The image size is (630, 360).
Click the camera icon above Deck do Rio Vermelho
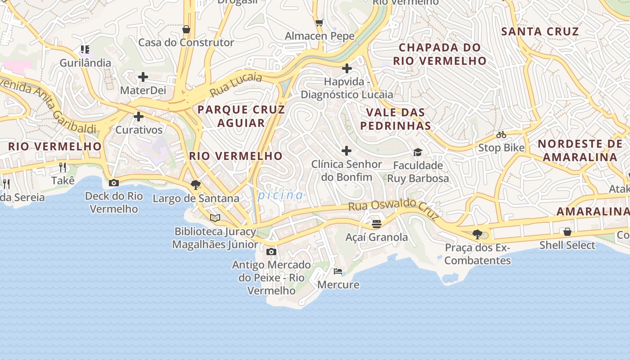(114, 183)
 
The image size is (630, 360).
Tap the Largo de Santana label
(196, 198)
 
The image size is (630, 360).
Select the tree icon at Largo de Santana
(196, 184)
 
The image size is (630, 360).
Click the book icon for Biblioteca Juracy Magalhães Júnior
(215, 218)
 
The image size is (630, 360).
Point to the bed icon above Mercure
(338, 271)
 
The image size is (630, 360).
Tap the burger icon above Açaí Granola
(377, 224)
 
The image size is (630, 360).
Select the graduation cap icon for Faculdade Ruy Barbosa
(418, 152)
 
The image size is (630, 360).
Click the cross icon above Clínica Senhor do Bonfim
(346, 151)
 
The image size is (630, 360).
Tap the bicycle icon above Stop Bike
(501, 135)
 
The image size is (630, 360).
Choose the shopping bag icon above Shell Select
(567, 232)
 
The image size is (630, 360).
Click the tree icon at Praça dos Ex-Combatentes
(477, 234)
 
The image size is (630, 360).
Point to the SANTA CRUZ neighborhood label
(540, 31)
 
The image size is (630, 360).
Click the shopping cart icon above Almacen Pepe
(319, 22)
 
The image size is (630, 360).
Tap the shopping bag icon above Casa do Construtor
(186, 29)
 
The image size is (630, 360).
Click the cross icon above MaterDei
(143, 77)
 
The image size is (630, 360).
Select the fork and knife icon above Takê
(63, 167)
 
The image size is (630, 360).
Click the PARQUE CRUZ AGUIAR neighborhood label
(241, 116)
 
